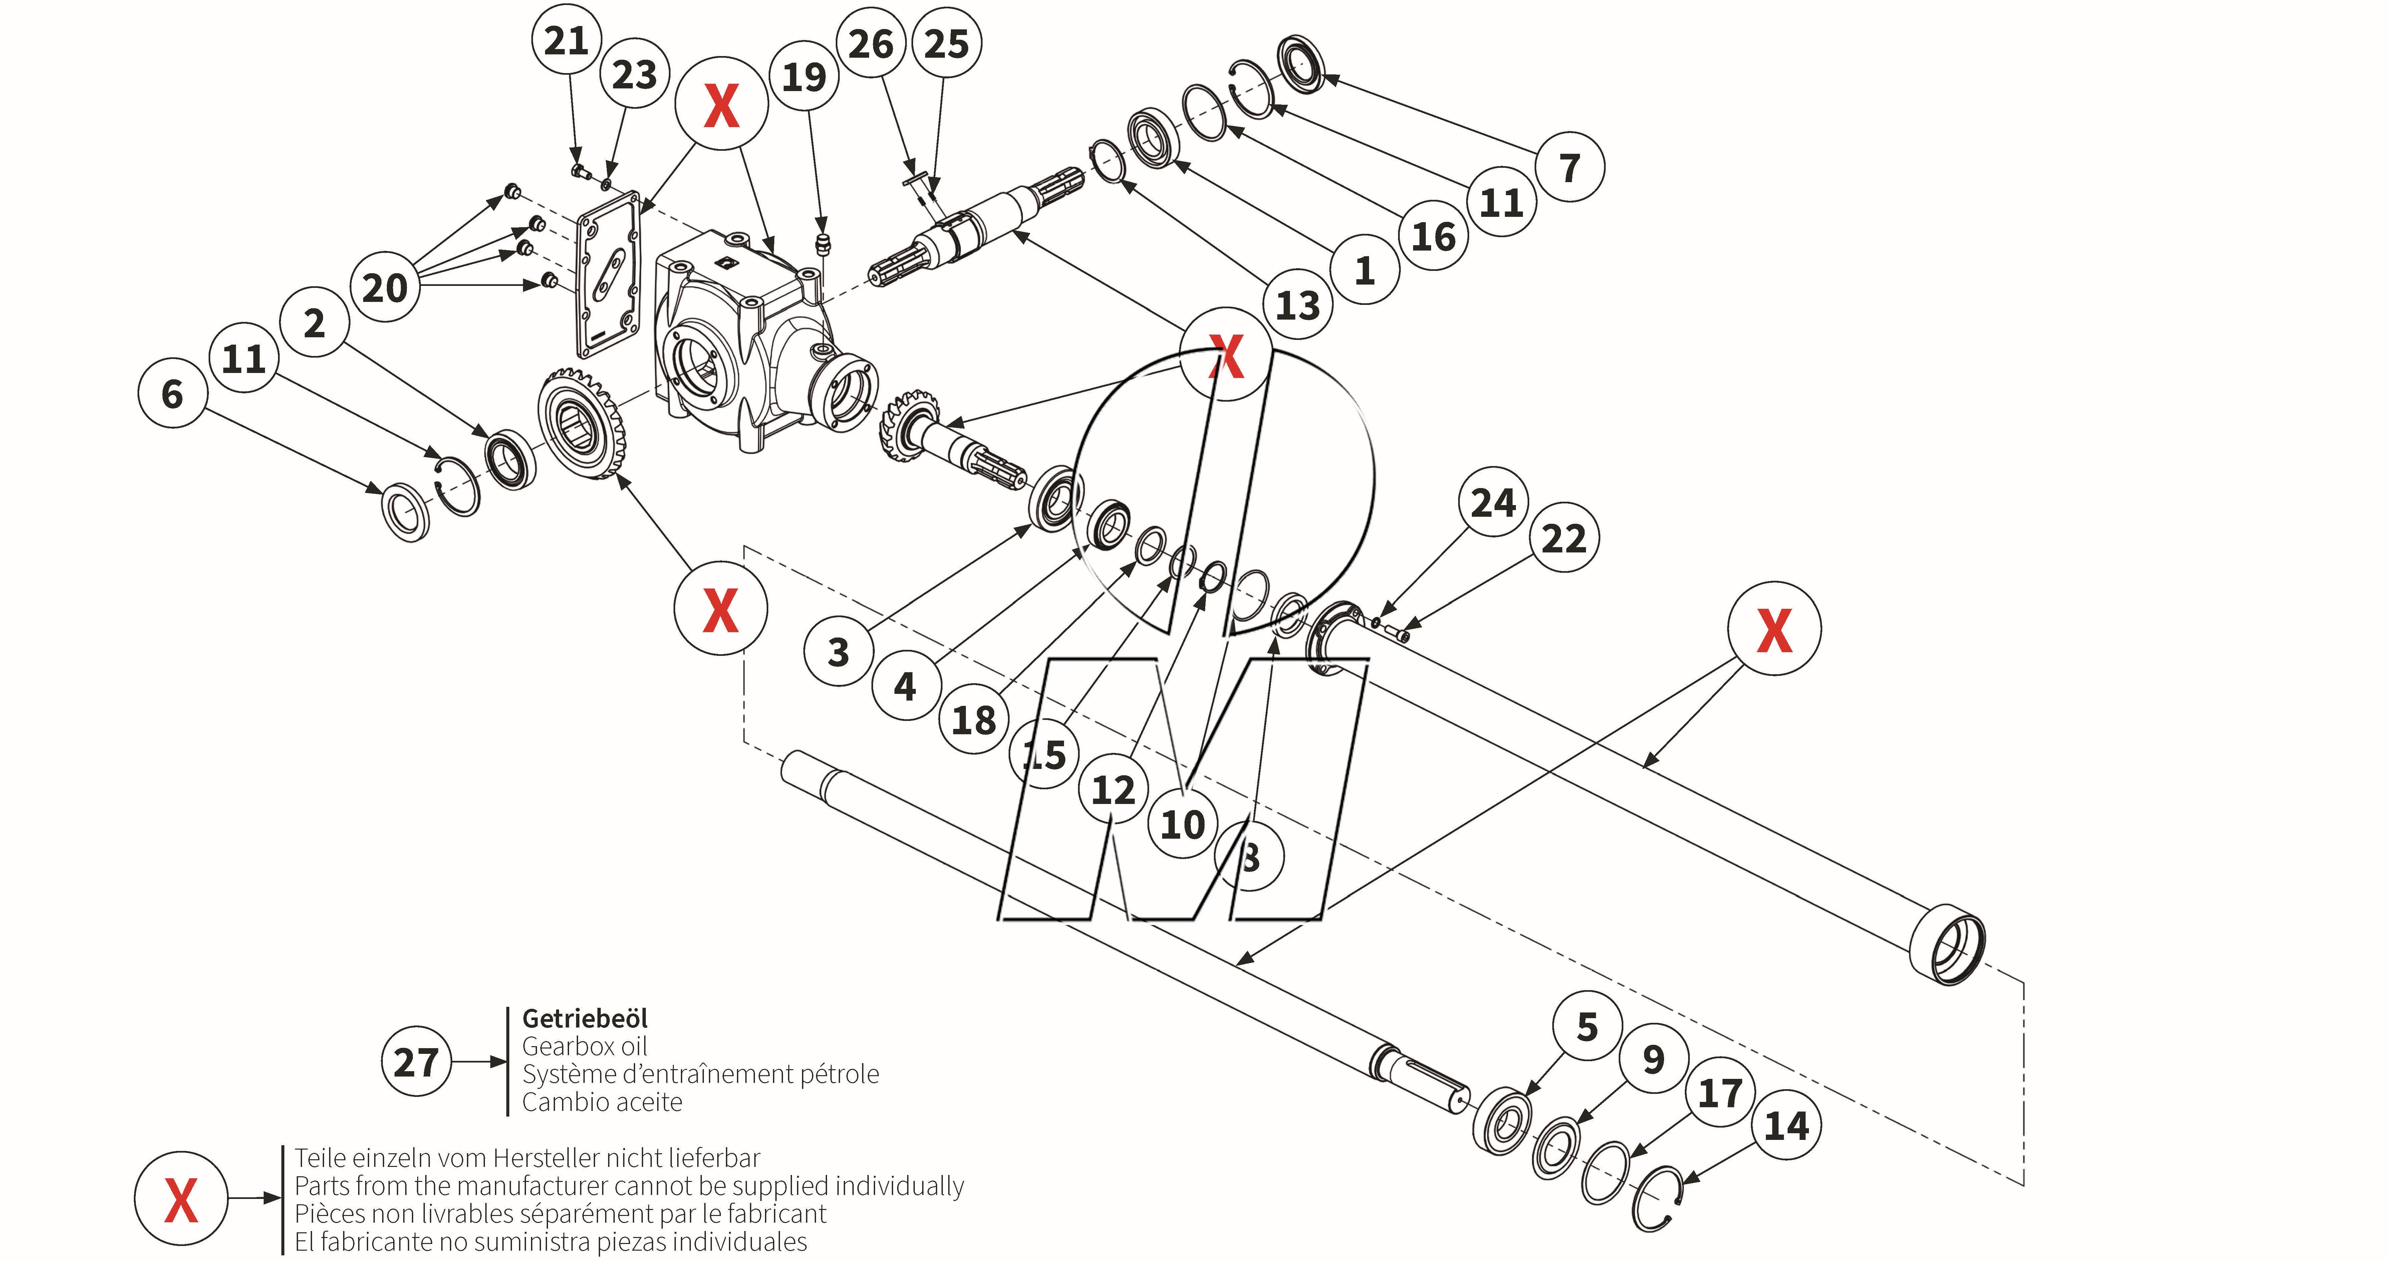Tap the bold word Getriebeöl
584,1018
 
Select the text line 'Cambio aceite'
602,1103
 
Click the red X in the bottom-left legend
181,1198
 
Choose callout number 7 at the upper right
1569,167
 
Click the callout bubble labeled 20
385,288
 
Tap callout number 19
804,76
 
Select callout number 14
1786,1126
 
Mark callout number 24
1493,502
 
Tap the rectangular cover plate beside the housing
608,274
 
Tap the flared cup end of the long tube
1947,944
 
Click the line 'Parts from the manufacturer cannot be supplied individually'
629,1186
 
